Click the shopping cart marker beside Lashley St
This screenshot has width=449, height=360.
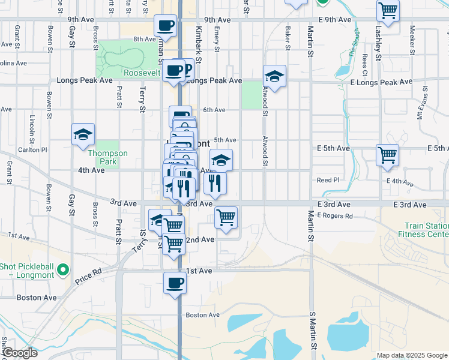tap(388, 10)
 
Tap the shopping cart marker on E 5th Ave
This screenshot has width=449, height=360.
tap(388, 155)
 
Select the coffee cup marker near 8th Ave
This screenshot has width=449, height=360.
tap(165, 26)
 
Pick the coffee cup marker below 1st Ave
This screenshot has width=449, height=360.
tap(175, 283)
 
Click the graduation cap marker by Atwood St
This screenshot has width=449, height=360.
tap(274, 76)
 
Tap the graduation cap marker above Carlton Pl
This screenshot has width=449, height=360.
tap(83, 134)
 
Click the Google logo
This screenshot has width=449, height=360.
tap(20, 353)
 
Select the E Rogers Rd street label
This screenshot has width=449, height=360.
tap(335, 215)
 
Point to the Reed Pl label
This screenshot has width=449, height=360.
tap(328, 180)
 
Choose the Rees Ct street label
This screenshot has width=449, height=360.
tap(365, 62)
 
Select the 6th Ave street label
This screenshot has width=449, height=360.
tap(214, 110)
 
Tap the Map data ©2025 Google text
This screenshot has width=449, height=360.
tap(411, 355)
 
